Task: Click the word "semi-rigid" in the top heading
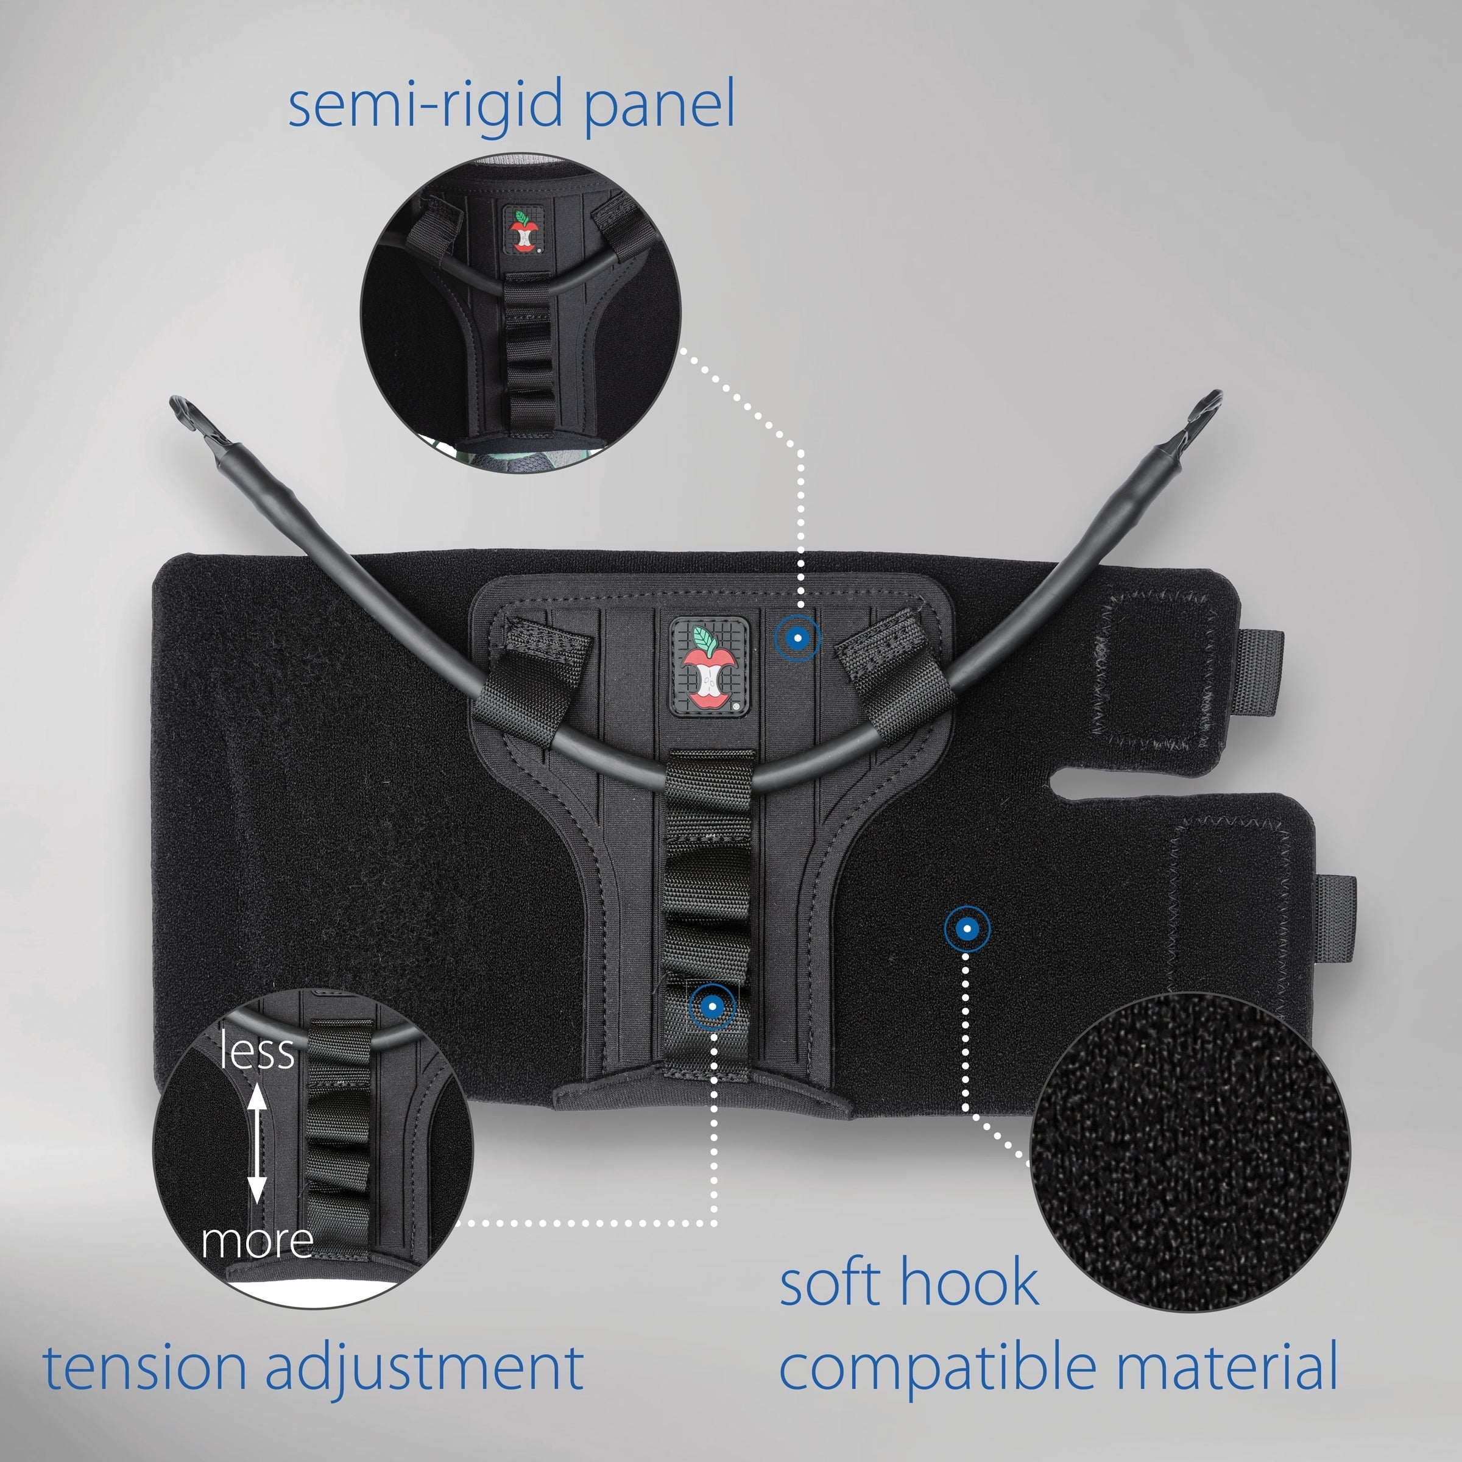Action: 424,106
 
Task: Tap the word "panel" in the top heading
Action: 659,106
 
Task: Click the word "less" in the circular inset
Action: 257,1052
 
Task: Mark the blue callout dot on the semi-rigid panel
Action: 797,638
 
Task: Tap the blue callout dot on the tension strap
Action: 712,1006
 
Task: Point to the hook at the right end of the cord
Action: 1204,413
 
